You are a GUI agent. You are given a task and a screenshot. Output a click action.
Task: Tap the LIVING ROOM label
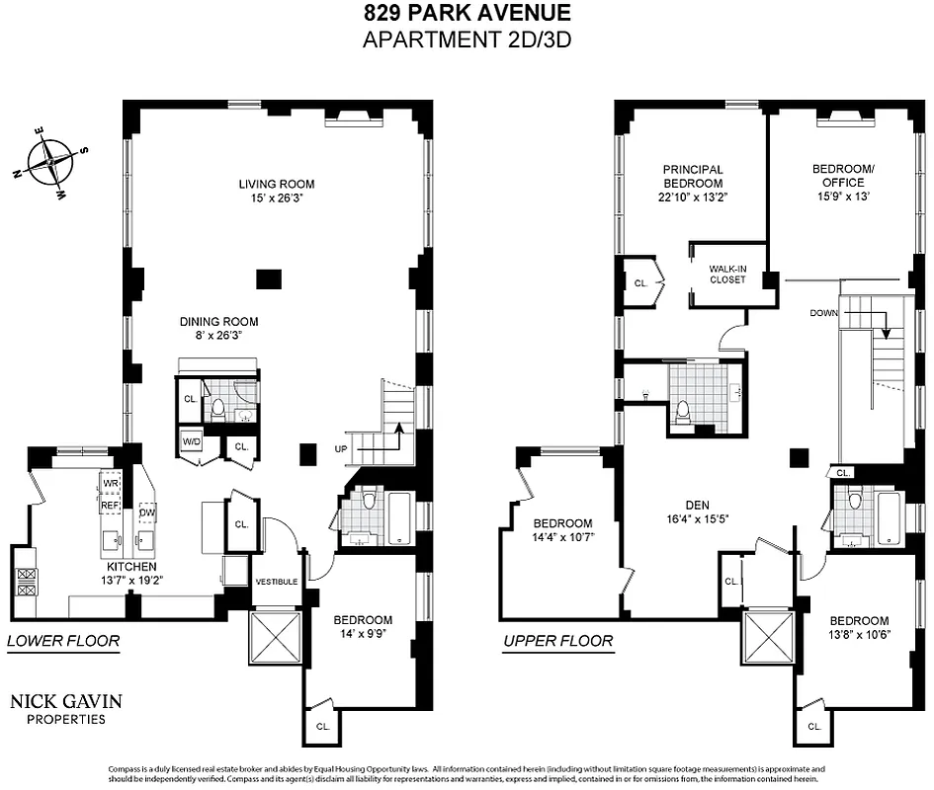(x=276, y=184)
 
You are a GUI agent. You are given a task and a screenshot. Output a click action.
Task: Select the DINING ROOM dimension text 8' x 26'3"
(x=218, y=336)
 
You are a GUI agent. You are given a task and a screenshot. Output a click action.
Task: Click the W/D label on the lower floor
(x=191, y=441)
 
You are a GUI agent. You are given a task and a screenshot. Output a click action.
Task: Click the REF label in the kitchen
(x=110, y=504)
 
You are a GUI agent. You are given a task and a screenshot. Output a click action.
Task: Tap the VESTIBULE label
(x=276, y=582)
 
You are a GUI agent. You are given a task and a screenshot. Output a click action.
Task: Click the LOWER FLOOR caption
(x=63, y=641)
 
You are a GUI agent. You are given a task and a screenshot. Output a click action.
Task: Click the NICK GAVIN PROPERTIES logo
(x=66, y=709)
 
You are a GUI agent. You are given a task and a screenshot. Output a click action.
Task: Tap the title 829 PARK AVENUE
(x=467, y=14)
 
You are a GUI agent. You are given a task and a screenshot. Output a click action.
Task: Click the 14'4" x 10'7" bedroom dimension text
(x=562, y=538)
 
